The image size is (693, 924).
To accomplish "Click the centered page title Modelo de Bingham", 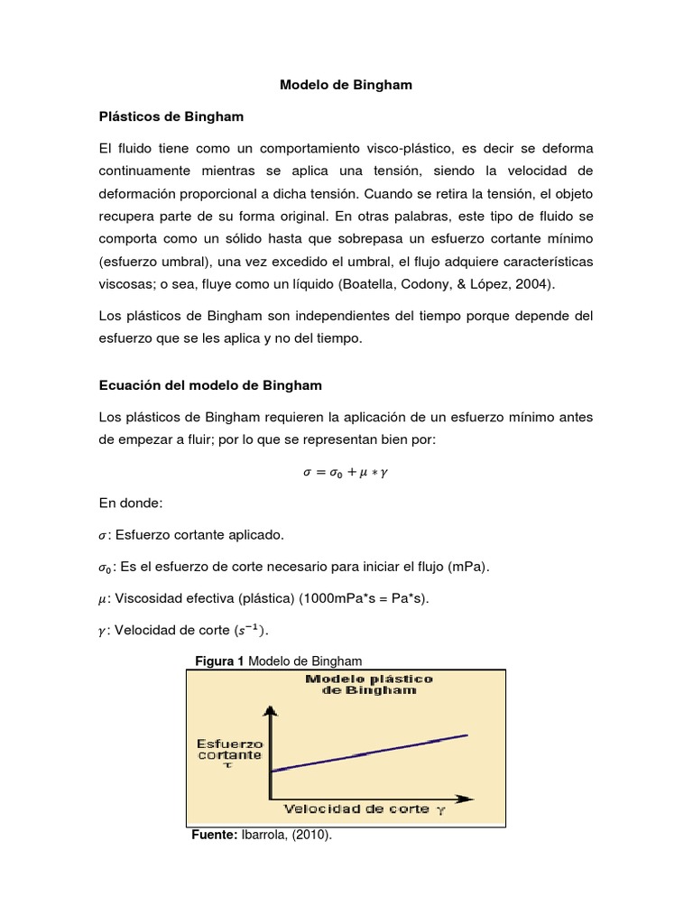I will pos(346,85).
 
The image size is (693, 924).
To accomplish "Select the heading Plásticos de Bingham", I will pos(171,116).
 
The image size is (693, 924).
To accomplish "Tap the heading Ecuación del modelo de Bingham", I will pos(209,384).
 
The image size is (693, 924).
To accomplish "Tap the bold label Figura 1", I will pos(219,661).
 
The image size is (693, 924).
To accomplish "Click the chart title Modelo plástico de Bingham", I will pos(369,684).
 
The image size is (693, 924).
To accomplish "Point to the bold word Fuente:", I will pos(213,836).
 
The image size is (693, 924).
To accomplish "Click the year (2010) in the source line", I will pos(311,836).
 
